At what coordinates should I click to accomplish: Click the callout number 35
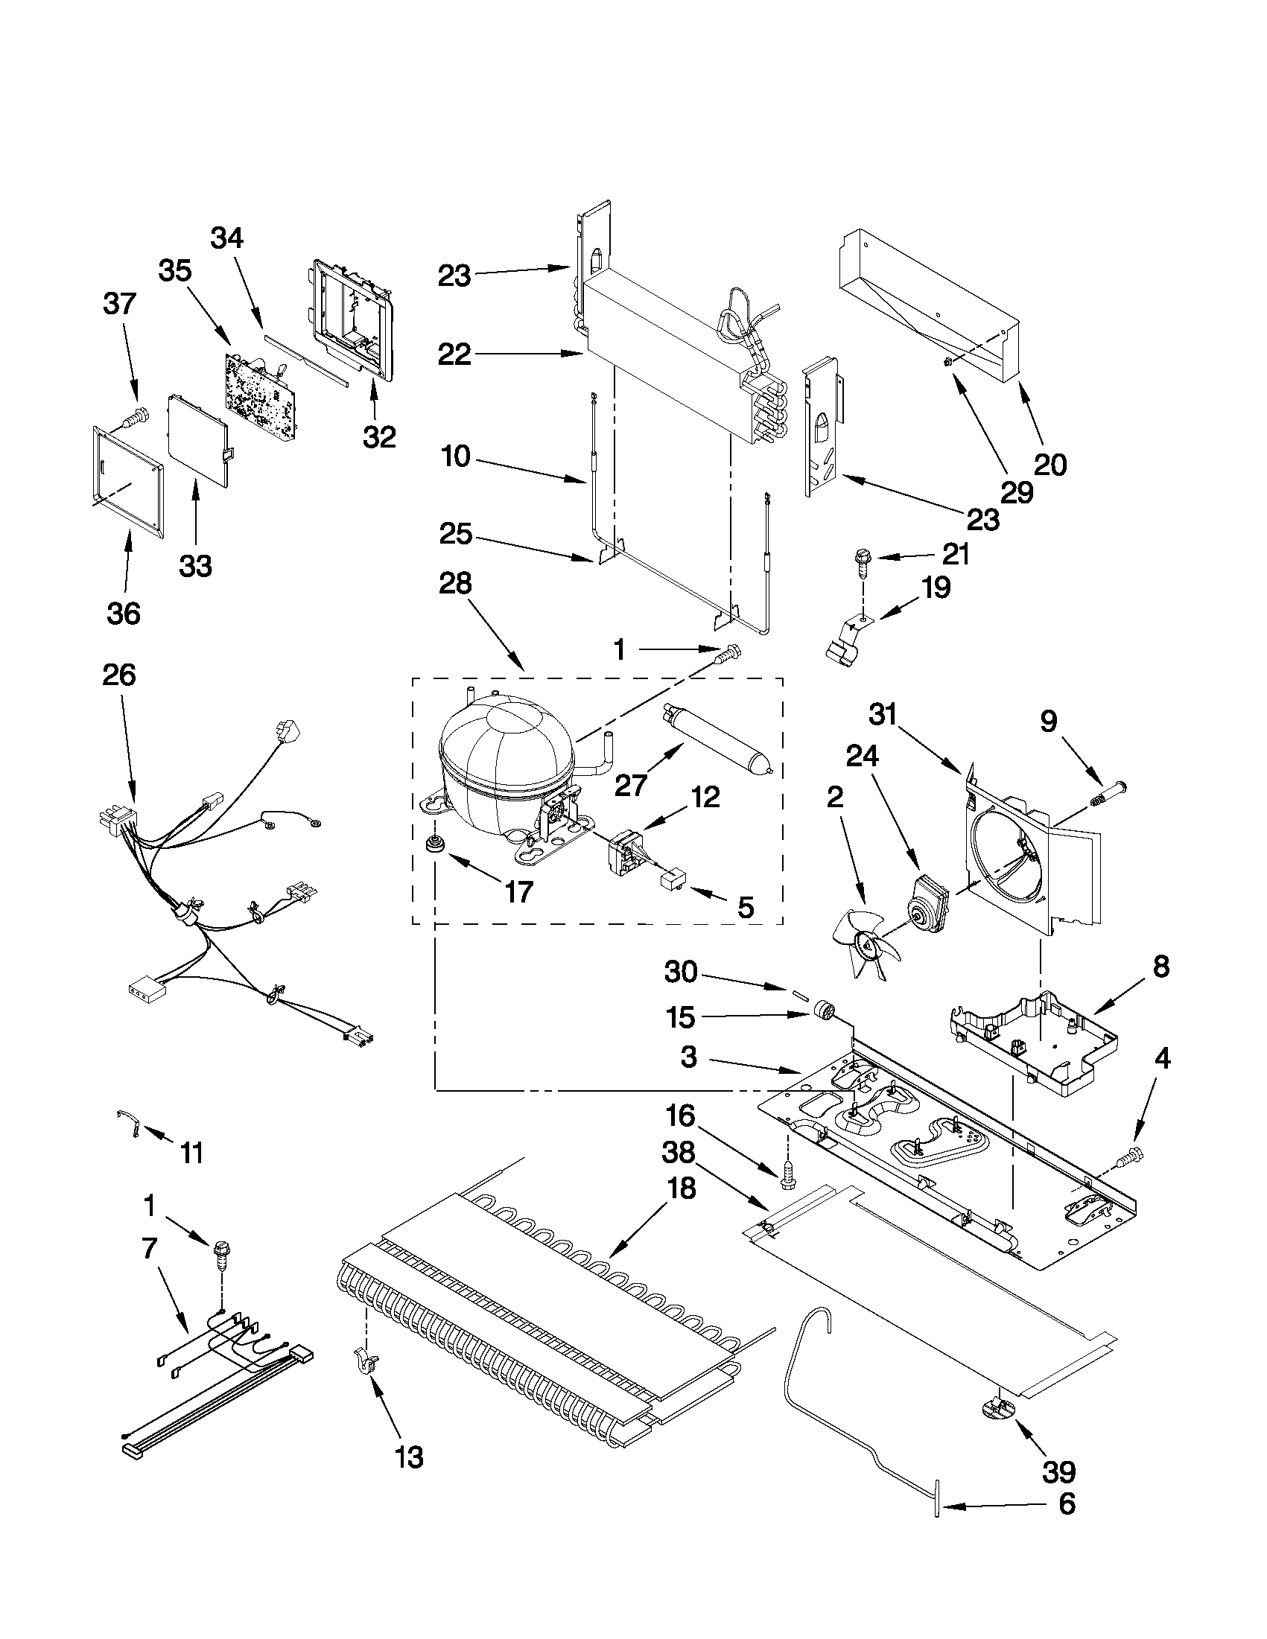pyautogui.click(x=175, y=271)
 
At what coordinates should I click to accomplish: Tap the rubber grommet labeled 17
pyautogui.click(x=433, y=844)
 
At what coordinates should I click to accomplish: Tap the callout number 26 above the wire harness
pyautogui.click(x=119, y=675)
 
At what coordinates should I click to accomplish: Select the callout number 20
pyautogui.click(x=1050, y=465)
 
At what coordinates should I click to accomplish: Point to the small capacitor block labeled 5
pyautogui.click(x=670, y=879)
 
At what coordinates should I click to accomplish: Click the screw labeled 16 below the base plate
pyautogui.click(x=787, y=1175)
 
